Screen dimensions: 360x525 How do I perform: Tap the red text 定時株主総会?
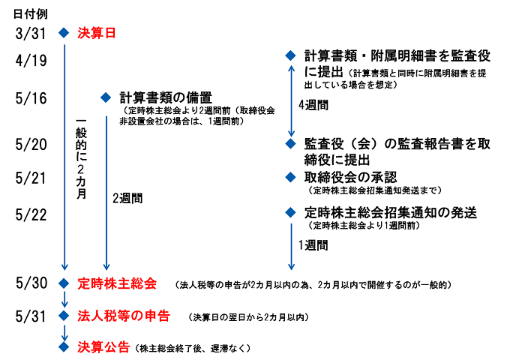(117, 283)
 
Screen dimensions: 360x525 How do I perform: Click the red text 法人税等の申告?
(124, 315)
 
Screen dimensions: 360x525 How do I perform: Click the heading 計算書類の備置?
(166, 97)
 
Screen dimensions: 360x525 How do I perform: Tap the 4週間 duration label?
(313, 105)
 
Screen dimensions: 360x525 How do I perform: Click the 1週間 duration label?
(313, 245)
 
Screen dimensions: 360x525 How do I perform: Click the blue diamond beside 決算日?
(64, 33)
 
